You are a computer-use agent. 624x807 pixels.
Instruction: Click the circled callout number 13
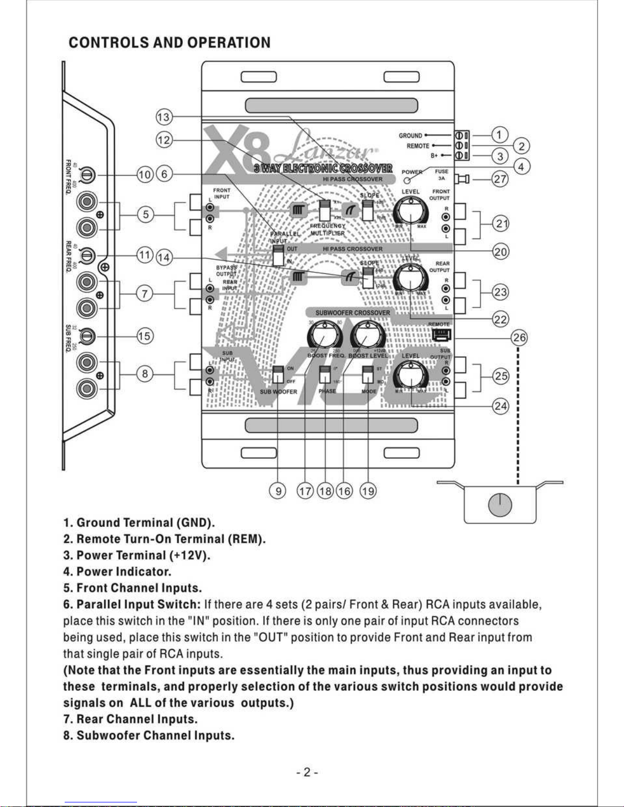pyautogui.click(x=164, y=117)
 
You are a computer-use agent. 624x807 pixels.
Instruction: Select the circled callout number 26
pyautogui.click(x=519, y=338)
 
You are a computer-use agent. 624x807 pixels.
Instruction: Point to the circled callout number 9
pyautogui.click(x=278, y=491)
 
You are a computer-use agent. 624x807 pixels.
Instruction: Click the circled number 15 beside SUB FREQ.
pyautogui.click(x=145, y=336)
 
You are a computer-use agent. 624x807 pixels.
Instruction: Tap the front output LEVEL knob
pyautogui.click(x=411, y=210)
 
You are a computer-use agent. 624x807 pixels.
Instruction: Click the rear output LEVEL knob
pyautogui.click(x=411, y=279)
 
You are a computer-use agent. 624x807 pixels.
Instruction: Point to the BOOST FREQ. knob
pyautogui.click(x=324, y=336)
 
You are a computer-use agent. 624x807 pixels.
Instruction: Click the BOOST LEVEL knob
pyautogui.click(x=367, y=336)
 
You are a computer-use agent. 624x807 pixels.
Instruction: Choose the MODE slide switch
pyautogui.click(x=368, y=375)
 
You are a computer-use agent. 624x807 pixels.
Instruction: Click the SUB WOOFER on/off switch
pyautogui.click(x=278, y=375)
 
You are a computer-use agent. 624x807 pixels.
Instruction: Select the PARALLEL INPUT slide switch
pyautogui.click(x=278, y=255)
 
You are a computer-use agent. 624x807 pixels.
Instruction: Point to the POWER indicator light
pyautogui.click(x=407, y=180)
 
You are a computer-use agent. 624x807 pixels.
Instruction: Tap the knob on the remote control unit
pyautogui.click(x=500, y=505)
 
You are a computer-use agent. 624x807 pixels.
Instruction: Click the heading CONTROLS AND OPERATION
pyautogui.click(x=170, y=42)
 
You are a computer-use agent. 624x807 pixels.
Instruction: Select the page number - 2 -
pyautogui.click(x=307, y=772)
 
